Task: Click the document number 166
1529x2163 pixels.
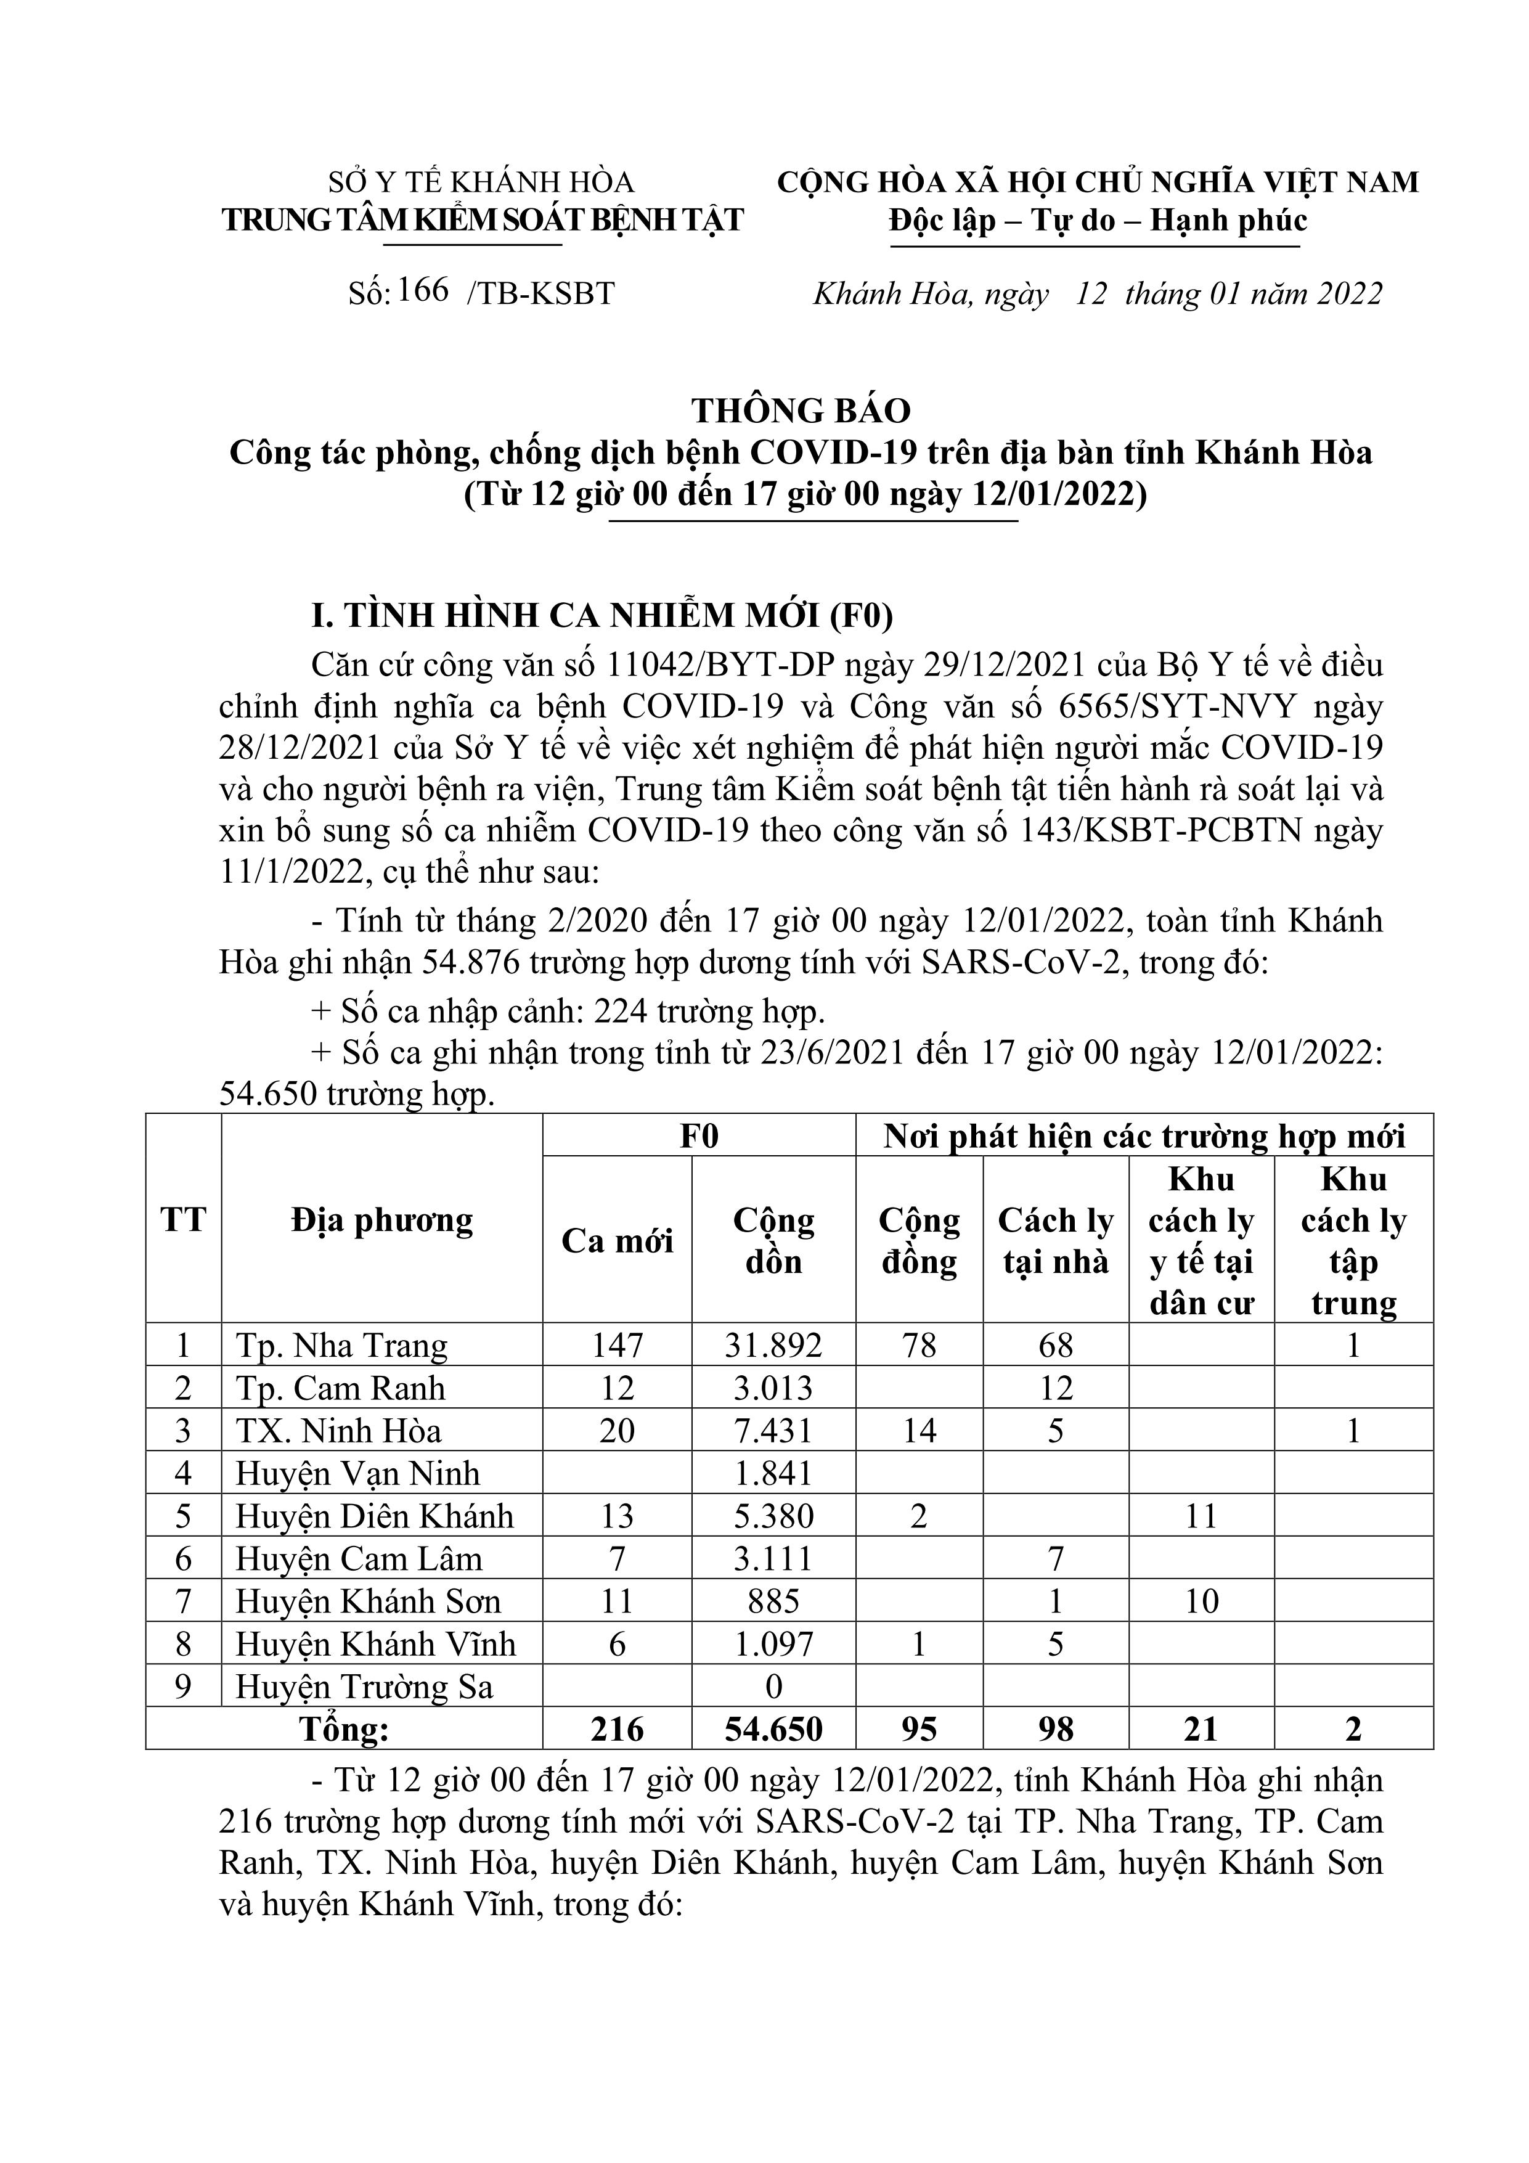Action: tap(423, 290)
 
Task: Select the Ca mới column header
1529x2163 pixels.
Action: tap(617, 1241)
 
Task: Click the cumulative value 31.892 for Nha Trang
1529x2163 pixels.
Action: tap(773, 1345)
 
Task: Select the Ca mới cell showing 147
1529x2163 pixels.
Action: tap(617, 1345)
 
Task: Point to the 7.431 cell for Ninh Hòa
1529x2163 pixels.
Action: tap(773, 1431)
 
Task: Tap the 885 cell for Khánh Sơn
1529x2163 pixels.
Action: tap(773, 1601)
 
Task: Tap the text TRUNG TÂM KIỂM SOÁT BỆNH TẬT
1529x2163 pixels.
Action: tap(483, 221)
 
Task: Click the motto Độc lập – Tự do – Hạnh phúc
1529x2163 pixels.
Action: tap(1098, 221)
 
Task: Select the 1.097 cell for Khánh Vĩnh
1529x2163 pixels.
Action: tap(773, 1644)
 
